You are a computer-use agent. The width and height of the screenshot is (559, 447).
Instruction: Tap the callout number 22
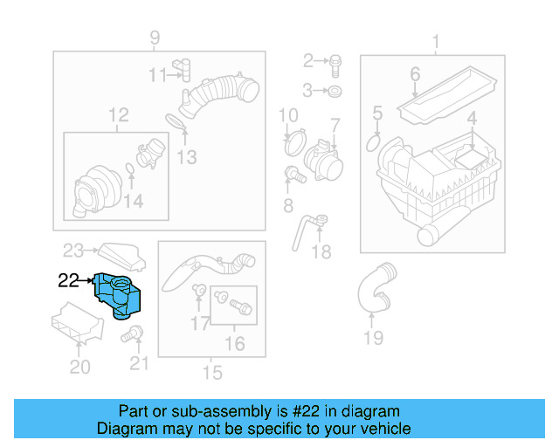coord(68,280)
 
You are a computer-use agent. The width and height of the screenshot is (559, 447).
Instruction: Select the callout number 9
coord(155,38)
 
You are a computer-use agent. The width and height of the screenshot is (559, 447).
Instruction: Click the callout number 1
coord(436,41)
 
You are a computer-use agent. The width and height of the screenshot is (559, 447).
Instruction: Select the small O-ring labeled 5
coord(374,140)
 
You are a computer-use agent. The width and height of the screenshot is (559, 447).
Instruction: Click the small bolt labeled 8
coord(295,175)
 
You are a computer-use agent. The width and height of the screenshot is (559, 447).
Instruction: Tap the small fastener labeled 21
coord(135,334)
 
